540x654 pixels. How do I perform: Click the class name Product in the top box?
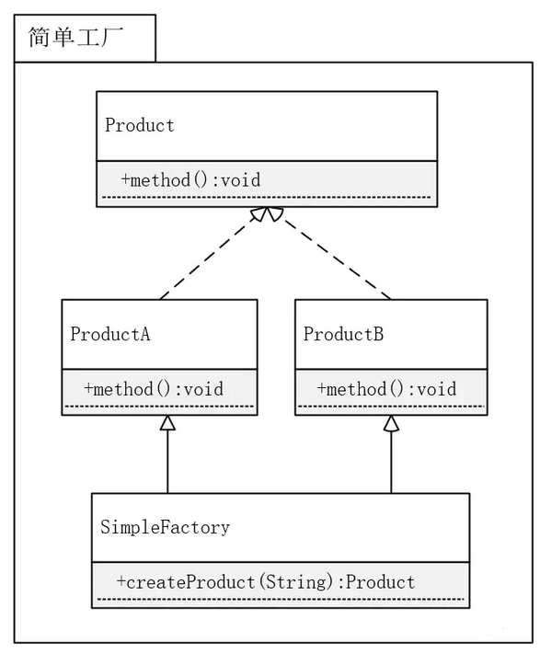point(140,125)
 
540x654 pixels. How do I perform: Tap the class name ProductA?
point(110,334)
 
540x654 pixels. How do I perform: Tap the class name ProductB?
point(343,334)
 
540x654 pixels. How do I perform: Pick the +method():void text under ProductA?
point(154,388)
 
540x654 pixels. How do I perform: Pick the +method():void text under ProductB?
point(387,388)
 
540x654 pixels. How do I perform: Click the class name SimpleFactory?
point(165,527)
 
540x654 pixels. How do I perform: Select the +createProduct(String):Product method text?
point(266,581)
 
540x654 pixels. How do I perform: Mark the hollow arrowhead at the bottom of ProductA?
point(167,423)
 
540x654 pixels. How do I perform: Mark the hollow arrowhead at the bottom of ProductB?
point(392,423)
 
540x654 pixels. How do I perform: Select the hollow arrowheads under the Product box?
point(268,215)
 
